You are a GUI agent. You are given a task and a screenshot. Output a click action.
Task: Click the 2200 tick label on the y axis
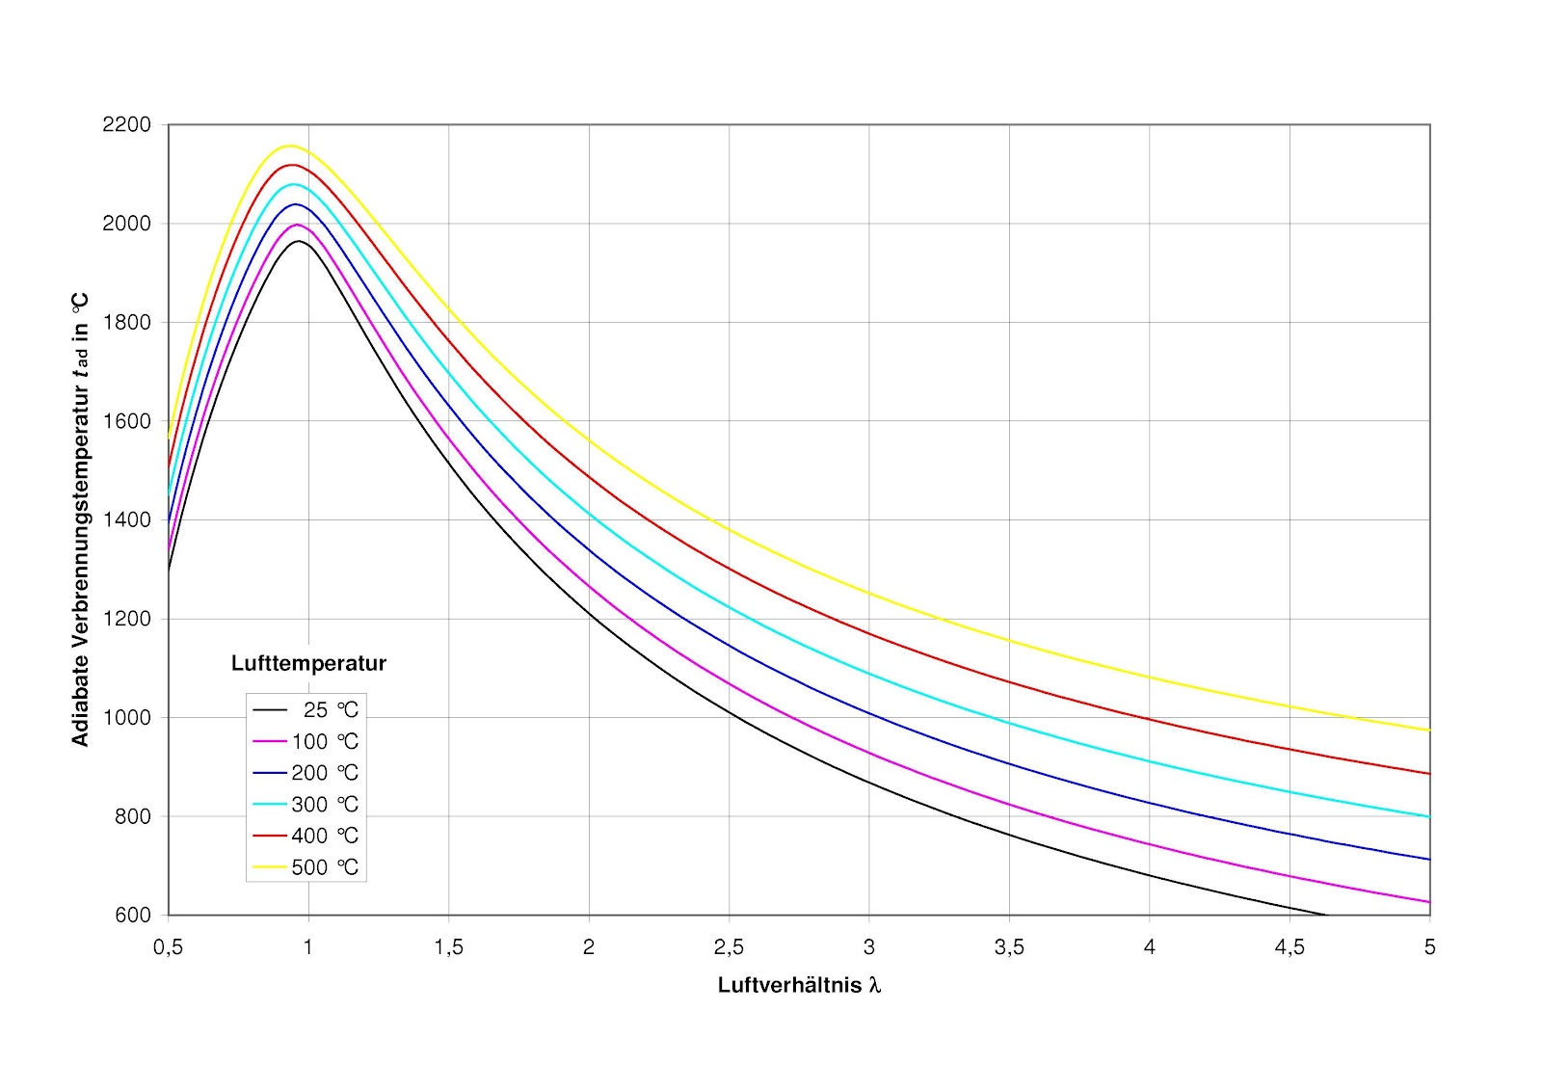point(126,125)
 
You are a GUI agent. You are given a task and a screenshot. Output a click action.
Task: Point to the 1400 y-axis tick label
point(126,519)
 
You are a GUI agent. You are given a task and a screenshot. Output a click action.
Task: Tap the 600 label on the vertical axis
point(132,916)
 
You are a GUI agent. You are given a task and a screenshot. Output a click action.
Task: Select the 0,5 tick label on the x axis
point(168,947)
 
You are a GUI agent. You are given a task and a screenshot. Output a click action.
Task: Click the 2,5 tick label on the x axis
point(729,947)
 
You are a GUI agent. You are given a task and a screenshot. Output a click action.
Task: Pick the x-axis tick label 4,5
point(1289,947)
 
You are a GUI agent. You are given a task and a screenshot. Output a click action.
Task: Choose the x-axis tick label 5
point(1429,947)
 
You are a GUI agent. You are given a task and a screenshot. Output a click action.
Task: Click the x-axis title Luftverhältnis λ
point(799,985)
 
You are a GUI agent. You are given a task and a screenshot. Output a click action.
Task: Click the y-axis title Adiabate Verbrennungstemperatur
point(80,519)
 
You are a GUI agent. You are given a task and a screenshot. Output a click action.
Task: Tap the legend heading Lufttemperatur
point(308,663)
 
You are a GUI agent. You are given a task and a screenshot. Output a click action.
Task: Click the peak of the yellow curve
point(289,146)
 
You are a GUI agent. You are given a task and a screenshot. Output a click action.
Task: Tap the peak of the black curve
point(300,241)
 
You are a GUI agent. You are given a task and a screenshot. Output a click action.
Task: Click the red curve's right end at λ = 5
point(1429,773)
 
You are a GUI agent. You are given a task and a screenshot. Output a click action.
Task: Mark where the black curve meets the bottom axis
point(1327,915)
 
